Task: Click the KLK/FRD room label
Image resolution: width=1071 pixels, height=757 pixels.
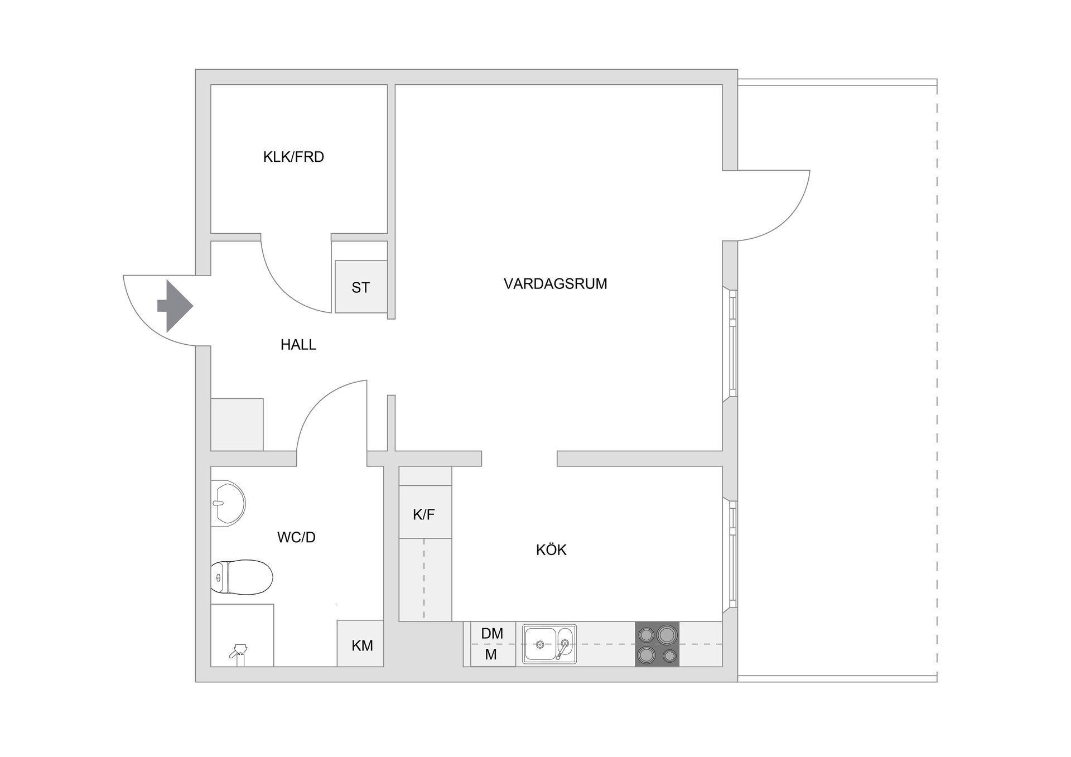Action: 293,157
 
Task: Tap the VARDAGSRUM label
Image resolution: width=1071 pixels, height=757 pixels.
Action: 555,283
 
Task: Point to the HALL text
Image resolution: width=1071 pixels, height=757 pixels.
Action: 298,345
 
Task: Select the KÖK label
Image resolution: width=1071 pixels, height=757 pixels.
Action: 551,550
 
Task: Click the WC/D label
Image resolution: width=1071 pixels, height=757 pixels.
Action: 296,537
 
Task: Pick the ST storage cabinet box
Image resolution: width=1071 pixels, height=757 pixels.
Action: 361,287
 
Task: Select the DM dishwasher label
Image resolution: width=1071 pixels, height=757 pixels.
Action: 492,633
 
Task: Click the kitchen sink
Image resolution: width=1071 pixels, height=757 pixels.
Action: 549,644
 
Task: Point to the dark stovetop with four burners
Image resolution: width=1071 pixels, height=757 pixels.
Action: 657,644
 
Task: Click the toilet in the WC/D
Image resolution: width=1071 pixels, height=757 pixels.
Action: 242,577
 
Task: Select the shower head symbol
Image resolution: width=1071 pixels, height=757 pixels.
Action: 239,653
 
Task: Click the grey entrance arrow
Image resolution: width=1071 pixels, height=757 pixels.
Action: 175,306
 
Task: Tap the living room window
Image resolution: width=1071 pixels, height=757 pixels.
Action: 732,343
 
